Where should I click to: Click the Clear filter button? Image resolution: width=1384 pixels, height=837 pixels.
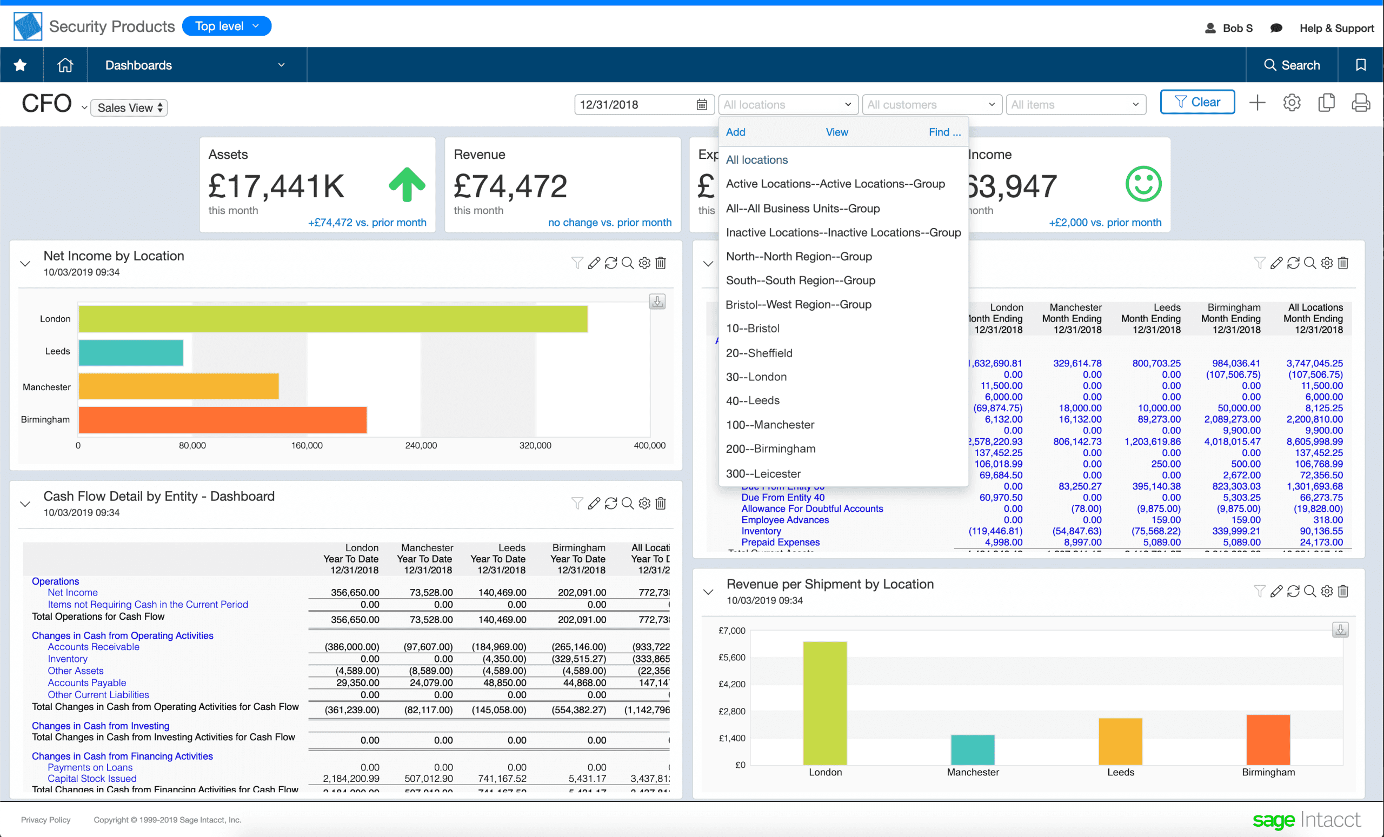[x=1197, y=102]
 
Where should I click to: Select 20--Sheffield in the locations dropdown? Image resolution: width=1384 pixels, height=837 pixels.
[x=759, y=352]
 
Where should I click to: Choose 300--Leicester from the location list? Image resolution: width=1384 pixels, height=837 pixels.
[x=763, y=473]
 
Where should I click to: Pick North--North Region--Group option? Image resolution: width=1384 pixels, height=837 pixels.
[x=799, y=257]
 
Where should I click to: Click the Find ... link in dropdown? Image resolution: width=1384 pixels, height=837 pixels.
[x=944, y=132]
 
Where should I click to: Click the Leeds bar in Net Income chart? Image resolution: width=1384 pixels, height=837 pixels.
[x=131, y=352]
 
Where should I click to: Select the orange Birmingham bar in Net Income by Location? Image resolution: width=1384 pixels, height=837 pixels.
[x=222, y=420]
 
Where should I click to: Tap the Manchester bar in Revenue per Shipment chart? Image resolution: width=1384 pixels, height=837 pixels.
[x=972, y=749]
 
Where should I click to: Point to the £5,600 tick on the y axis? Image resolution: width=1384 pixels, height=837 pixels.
[x=731, y=658]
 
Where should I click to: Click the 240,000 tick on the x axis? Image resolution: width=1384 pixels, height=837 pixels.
[x=421, y=445]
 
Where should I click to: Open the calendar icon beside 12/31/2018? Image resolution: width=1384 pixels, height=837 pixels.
[x=702, y=104]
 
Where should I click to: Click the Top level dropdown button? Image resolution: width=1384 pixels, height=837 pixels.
[x=227, y=26]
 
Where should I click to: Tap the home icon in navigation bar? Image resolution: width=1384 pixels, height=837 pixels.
[x=65, y=65]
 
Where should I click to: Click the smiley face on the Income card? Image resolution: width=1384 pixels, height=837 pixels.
[x=1143, y=184]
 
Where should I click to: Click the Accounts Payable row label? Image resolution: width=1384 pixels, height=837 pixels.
[x=86, y=682]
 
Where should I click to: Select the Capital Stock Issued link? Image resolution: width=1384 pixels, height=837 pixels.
[x=92, y=778]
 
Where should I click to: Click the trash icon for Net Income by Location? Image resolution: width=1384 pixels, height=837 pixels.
[x=661, y=263]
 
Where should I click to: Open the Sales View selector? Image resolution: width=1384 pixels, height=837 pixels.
[x=129, y=107]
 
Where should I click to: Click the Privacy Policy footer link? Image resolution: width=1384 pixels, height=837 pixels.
[x=45, y=820]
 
